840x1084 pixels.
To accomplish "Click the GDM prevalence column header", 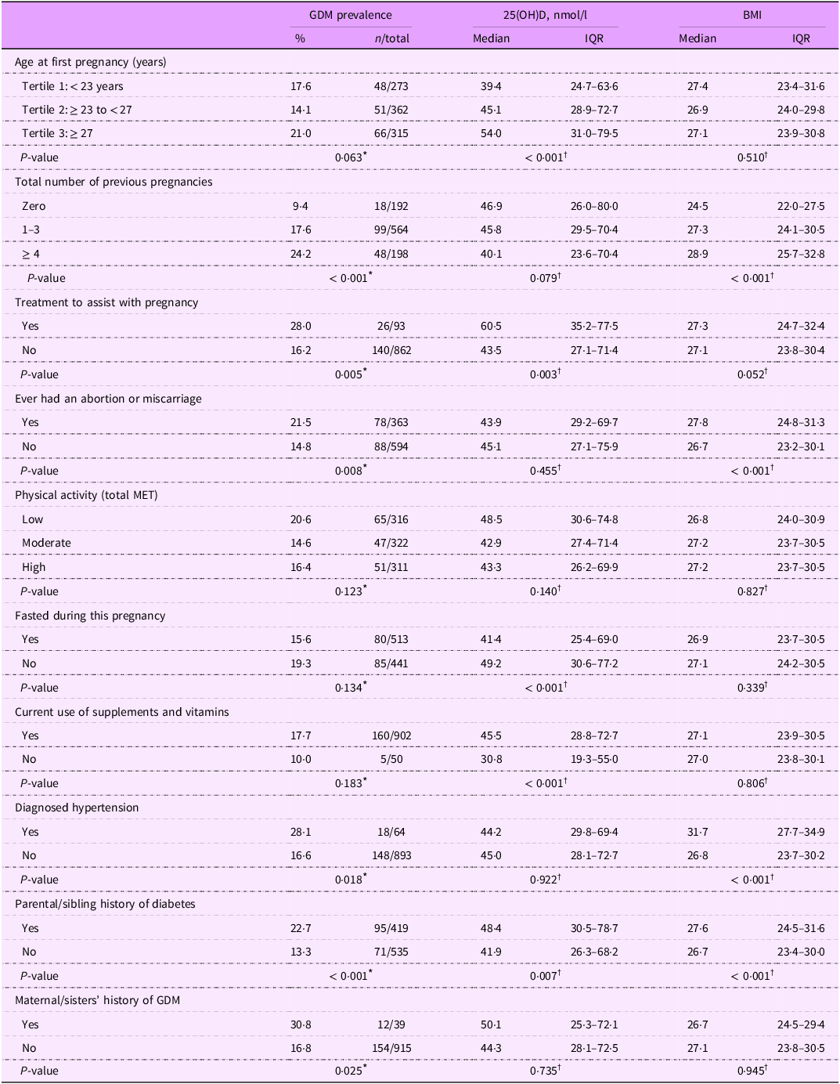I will coord(350,15).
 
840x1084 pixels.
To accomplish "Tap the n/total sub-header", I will coord(391,38).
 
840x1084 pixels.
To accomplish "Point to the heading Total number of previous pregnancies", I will coord(114,182).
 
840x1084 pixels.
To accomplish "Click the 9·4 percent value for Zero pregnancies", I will coord(300,206).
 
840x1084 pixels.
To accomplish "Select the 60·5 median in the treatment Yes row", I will coord(492,326).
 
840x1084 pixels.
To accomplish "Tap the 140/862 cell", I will coord(391,350).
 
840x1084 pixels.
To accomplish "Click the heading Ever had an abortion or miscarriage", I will coord(108,399).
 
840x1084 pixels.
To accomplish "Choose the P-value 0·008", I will coord(349,471).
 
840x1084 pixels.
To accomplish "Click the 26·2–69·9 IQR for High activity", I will coord(594,567).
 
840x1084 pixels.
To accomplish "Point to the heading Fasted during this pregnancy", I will coord(90,616).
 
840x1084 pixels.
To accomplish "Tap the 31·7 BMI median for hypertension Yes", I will coord(698,832).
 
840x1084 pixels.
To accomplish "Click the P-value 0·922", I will coord(543,880).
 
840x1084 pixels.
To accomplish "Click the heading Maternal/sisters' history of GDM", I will coord(97,1000).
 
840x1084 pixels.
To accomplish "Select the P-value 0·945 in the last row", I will coord(750,1071).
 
